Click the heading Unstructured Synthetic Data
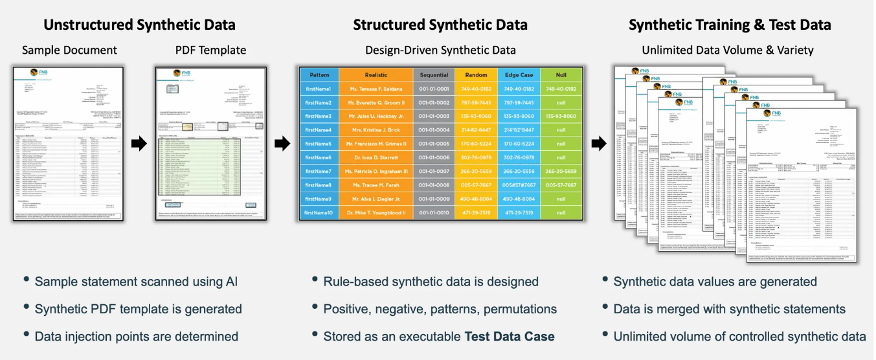(x=139, y=25)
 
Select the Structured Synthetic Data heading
(x=440, y=25)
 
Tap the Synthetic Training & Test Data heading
(x=730, y=25)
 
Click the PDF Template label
(x=210, y=50)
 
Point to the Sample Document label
(x=69, y=50)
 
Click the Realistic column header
(x=376, y=75)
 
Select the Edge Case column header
(x=519, y=75)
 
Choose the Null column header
(x=561, y=75)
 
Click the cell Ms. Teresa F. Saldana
(x=376, y=89)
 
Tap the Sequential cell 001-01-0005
(x=434, y=144)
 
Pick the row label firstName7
(x=319, y=172)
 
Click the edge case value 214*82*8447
(x=519, y=130)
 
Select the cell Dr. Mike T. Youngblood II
(x=376, y=213)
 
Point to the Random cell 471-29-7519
(x=476, y=213)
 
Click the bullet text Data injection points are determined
(x=137, y=336)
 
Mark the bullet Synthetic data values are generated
(x=715, y=282)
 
